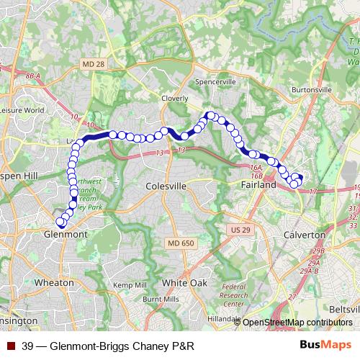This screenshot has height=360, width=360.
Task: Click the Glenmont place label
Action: (x=66, y=235)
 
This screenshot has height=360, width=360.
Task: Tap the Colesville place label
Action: (x=166, y=186)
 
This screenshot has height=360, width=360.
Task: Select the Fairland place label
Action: (x=257, y=185)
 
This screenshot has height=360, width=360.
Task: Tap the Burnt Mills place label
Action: (x=161, y=298)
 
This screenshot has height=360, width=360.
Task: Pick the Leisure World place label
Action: (x=22, y=110)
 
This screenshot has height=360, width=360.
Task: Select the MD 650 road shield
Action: (x=182, y=243)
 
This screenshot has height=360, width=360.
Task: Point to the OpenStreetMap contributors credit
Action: (x=297, y=323)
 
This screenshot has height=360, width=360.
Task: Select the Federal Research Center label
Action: (x=233, y=295)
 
